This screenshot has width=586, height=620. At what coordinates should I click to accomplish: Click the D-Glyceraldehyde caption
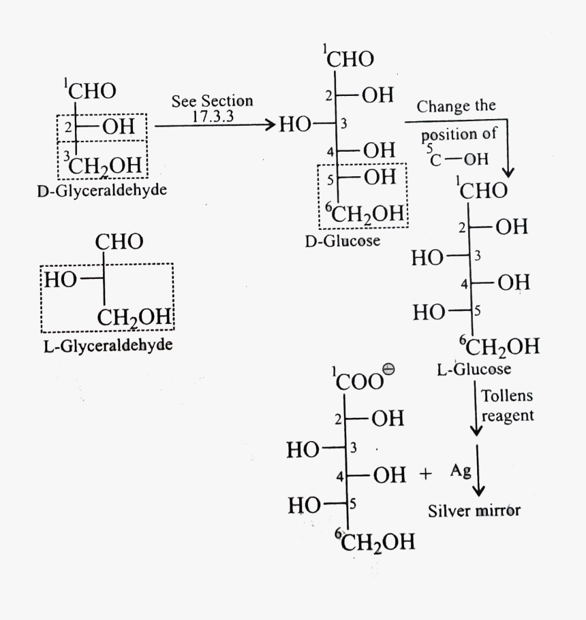(102, 190)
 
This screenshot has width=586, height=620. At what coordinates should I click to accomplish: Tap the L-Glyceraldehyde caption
(107, 346)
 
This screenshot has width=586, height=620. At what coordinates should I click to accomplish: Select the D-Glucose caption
(343, 240)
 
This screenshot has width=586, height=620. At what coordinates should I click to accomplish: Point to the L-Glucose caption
(474, 370)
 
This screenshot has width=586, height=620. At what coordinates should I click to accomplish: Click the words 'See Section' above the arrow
(212, 101)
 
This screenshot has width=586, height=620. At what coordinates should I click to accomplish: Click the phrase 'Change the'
(456, 107)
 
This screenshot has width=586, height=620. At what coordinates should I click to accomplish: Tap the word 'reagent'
(508, 415)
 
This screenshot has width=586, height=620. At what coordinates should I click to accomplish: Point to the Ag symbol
(461, 471)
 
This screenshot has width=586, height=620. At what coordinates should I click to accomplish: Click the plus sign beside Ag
(426, 474)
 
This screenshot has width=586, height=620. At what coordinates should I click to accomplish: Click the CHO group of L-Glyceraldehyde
(119, 241)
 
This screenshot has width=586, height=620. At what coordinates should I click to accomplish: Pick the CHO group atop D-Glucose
(350, 59)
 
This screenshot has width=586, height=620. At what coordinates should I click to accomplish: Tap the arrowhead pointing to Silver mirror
(479, 490)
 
